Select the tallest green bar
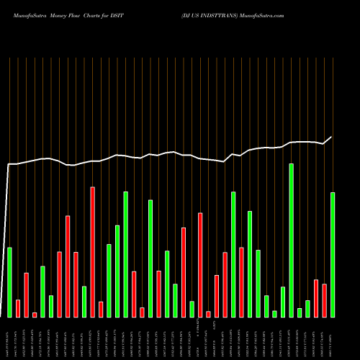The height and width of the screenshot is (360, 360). point(292,240)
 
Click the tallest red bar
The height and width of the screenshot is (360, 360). point(93,251)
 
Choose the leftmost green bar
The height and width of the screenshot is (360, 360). point(9,282)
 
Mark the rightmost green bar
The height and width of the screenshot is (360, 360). point(333,254)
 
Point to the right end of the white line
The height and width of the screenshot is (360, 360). point(332,137)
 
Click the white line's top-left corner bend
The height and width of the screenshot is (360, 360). point(9,165)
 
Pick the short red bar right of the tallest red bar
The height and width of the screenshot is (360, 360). point(101,309)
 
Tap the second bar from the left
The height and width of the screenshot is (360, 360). point(18,308)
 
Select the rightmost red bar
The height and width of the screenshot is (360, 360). point(324,300)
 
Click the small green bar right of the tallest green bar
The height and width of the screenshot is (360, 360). point(300,312)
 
